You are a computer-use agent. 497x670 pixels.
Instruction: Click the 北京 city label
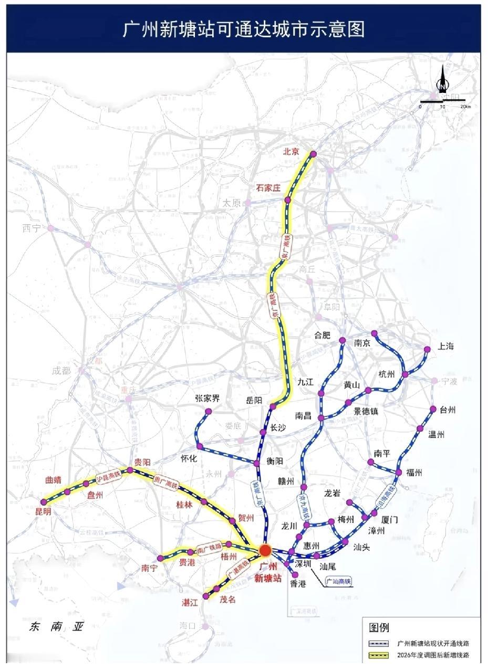click(291, 152)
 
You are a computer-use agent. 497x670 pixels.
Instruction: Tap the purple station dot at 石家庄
click(288, 200)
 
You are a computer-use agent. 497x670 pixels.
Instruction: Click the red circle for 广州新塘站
click(265, 550)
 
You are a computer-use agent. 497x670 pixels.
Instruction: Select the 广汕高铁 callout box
click(338, 581)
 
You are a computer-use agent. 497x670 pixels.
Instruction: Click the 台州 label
click(448, 410)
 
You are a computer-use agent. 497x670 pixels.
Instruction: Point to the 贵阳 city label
click(142, 462)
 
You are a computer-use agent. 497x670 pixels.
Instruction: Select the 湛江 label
click(190, 603)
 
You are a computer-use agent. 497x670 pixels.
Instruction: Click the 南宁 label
click(150, 568)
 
